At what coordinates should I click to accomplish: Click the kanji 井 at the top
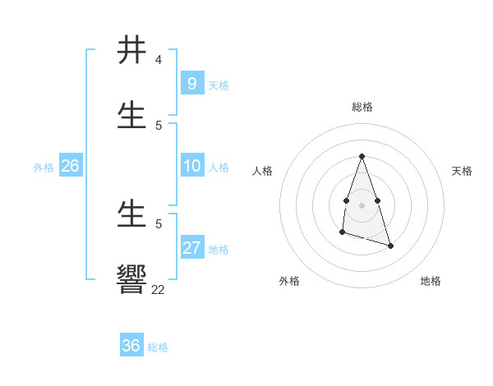tap(132, 50)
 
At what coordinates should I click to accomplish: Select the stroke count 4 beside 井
tap(158, 60)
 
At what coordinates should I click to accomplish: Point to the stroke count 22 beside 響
tap(158, 289)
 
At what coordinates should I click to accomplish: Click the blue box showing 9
tap(191, 83)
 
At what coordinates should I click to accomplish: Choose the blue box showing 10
tap(191, 166)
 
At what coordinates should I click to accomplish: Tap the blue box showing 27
tap(191, 248)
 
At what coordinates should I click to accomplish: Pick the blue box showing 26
tap(70, 166)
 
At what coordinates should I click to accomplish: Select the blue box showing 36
tap(131, 346)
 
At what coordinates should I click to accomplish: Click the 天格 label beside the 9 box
tap(219, 85)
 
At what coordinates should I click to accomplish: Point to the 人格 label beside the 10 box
tap(219, 168)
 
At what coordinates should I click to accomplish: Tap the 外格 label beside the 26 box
tap(44, 168)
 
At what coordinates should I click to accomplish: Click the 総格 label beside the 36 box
tap(158, 347)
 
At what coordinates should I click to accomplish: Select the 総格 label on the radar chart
tap(362, 107)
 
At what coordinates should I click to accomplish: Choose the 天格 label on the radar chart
tap(462, 171)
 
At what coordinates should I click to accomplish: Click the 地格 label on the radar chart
tap(431, 281)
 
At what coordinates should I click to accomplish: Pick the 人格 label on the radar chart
tap(263, 171)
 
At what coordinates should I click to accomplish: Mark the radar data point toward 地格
tap(390, 246)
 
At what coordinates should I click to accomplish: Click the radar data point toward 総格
tap(362, 157)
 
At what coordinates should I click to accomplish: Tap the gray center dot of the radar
tap(362, 204)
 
